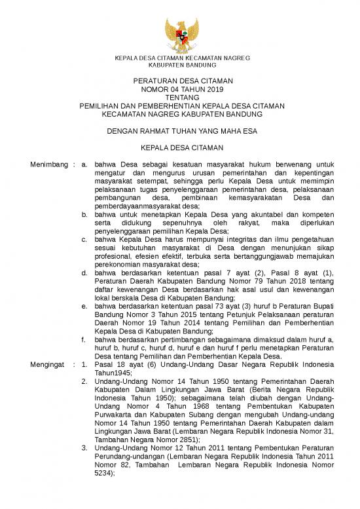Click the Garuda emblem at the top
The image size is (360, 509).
[180, 35]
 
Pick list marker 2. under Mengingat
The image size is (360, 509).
[84, 381]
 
